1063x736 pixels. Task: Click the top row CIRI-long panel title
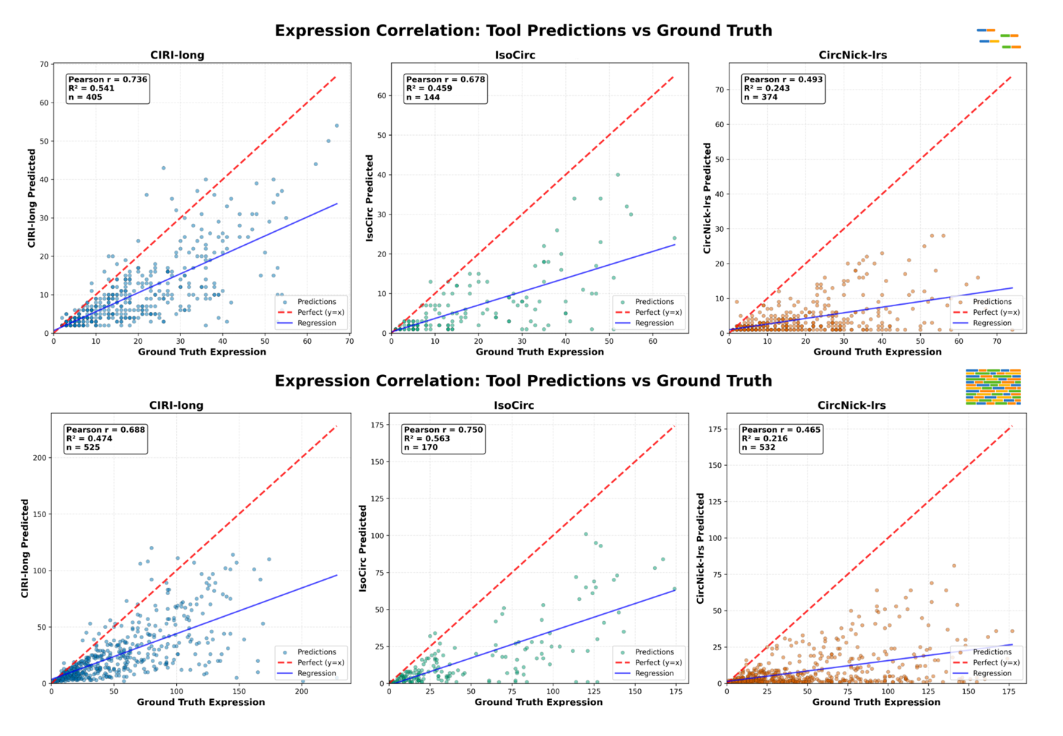(x=177, y=55)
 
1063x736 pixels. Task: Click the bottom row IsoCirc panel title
(x=514, y=405)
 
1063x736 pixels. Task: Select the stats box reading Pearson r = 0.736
(x=108, y=88)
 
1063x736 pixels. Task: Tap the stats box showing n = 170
(x=443, y=438)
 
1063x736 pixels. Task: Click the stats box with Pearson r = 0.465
(x=782, y=438)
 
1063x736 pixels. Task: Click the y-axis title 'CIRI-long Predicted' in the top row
(x=32, y=198)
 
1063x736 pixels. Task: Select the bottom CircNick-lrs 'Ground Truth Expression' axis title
(x=876, y=702)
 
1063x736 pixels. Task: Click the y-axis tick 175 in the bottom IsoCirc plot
(x=377, y=425)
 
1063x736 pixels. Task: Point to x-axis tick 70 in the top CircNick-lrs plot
(x=997, y=342)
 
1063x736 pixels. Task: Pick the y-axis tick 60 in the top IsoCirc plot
(x=382, y=95)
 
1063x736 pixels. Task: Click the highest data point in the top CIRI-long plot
(x=337, y=126)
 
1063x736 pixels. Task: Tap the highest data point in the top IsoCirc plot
(x=618, y=175)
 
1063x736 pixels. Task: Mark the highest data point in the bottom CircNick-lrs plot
(x=954, y=566)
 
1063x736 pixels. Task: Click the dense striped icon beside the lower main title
(x=993, y=387)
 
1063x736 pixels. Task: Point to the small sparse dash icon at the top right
(x=999, y=39)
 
